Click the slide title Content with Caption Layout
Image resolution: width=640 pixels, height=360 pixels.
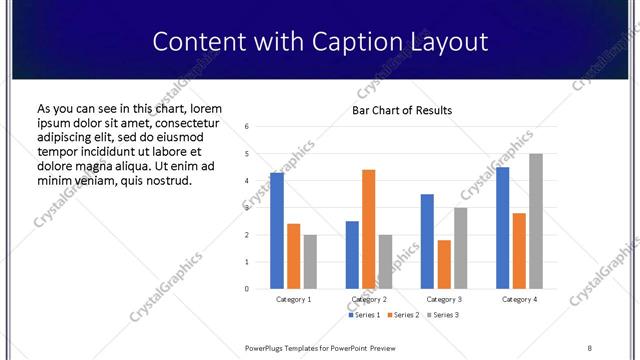320,42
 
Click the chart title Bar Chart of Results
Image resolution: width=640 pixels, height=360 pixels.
401,110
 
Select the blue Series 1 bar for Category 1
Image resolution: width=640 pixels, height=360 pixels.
277,230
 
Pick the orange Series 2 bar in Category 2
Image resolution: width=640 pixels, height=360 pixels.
368,229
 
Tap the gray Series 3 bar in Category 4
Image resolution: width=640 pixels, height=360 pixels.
535,221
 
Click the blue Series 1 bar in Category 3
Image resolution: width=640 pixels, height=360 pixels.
427,241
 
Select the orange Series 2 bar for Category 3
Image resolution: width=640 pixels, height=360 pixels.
444,264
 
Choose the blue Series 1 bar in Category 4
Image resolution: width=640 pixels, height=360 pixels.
502,227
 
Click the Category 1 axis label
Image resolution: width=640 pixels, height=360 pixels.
293,299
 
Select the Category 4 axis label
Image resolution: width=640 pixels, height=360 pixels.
518,299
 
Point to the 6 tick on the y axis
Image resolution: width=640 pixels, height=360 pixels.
247,127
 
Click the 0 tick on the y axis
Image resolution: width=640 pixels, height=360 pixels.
247,289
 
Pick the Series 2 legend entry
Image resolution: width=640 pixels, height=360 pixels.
404,316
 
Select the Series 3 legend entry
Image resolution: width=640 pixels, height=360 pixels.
444,316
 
